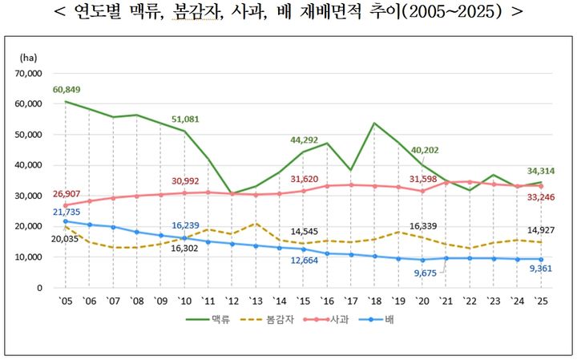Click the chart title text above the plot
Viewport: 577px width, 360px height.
coord(288,13)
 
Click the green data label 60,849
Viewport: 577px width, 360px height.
coord(67,89)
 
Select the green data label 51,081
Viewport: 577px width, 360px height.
coord(185,119)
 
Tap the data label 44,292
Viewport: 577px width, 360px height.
coord(305,140)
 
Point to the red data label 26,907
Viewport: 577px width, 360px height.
coord(67,194)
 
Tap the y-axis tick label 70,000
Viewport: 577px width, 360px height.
coord(27,73)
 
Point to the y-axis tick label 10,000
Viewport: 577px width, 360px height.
coord(27,257)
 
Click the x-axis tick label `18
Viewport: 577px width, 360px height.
coord(374,300)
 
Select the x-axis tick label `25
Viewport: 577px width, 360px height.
coord(541,300)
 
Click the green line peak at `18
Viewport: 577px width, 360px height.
coord(374,123)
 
